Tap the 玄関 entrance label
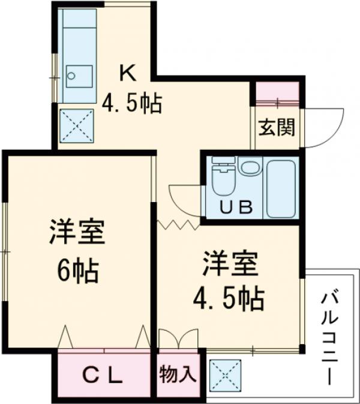pos(277,128)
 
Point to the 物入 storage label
pos(178,376)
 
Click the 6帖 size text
pos(77,272)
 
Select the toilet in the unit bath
pos(223,178)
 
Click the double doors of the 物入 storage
pos(178,338)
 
